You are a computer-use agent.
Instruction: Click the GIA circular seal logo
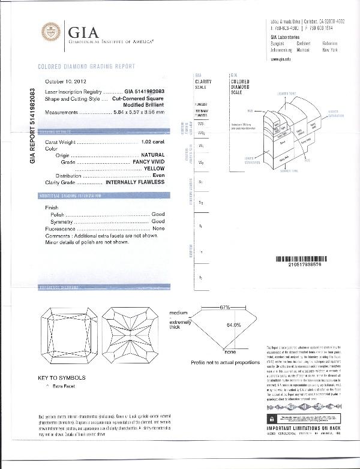tap(51, 32)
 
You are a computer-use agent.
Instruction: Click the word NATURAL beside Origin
tap(148, 155)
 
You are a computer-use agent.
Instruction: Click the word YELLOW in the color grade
tap(152, 169)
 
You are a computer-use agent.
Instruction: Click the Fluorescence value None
tap(158, 229)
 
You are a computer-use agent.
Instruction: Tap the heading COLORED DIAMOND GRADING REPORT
tap(86, 67)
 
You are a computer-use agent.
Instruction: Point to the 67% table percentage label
tap(225, 308)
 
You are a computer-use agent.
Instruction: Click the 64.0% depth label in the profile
tap(233, 325)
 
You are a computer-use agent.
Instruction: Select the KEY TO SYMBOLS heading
tap(62, 378)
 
